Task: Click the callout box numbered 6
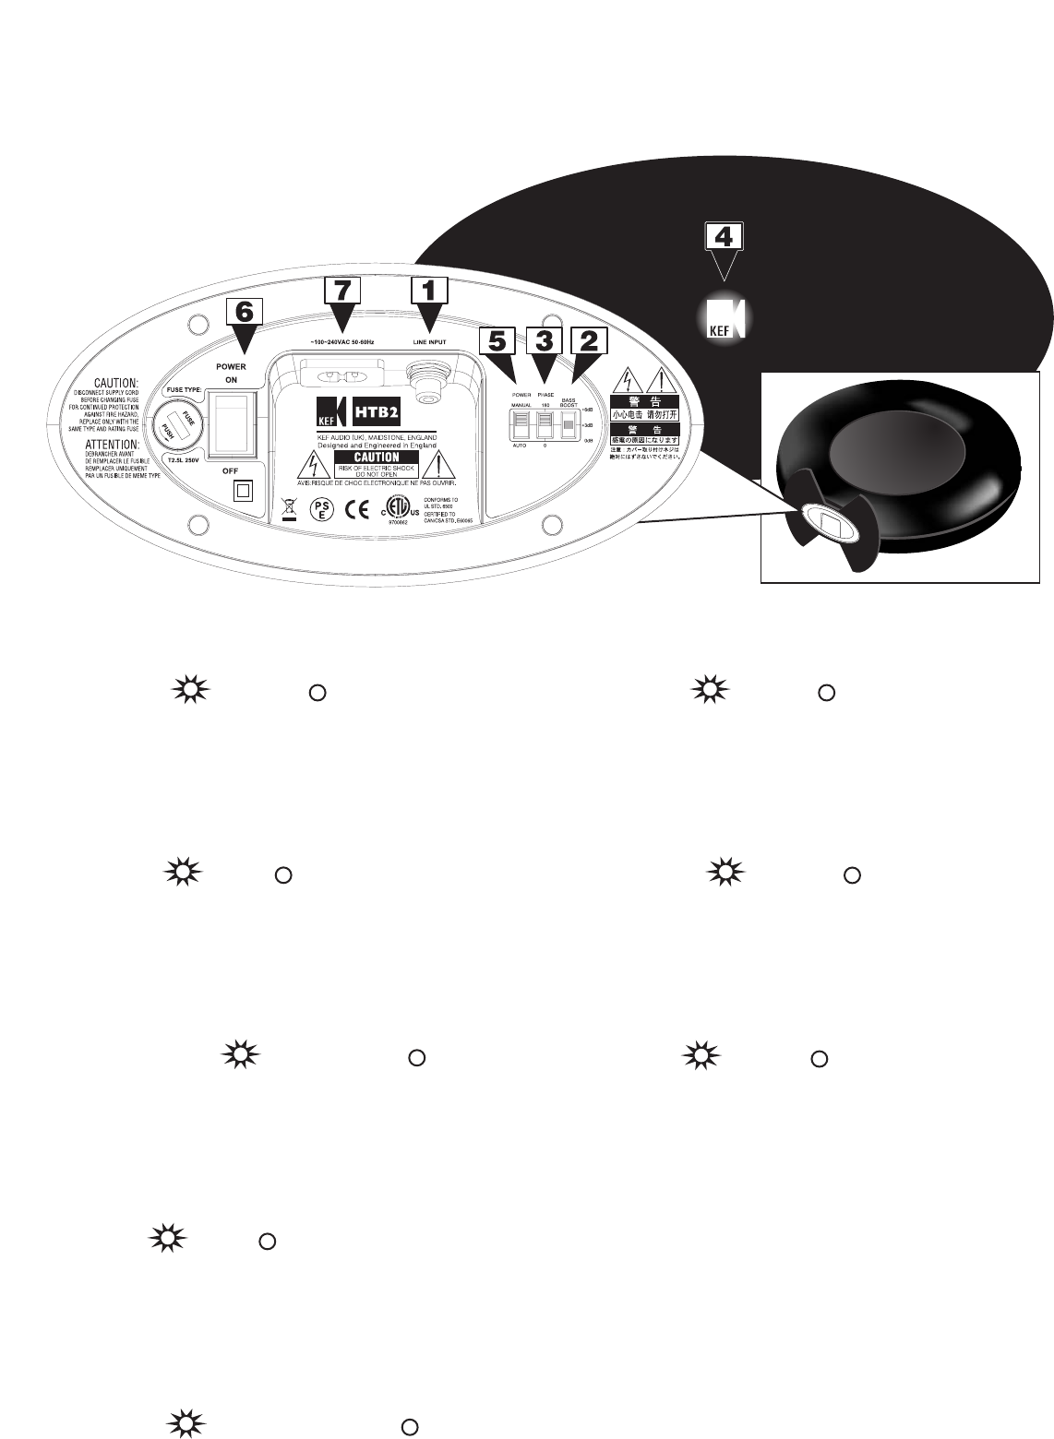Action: point(244,312)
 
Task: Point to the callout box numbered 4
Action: point(725,237)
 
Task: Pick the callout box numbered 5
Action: point(497,342)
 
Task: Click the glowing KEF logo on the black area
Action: point(725,317)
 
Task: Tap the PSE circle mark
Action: point(320,509)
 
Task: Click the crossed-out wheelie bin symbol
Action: point(289,507)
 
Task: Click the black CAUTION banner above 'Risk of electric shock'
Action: point(366,457)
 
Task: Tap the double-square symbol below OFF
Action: point(243,490)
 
